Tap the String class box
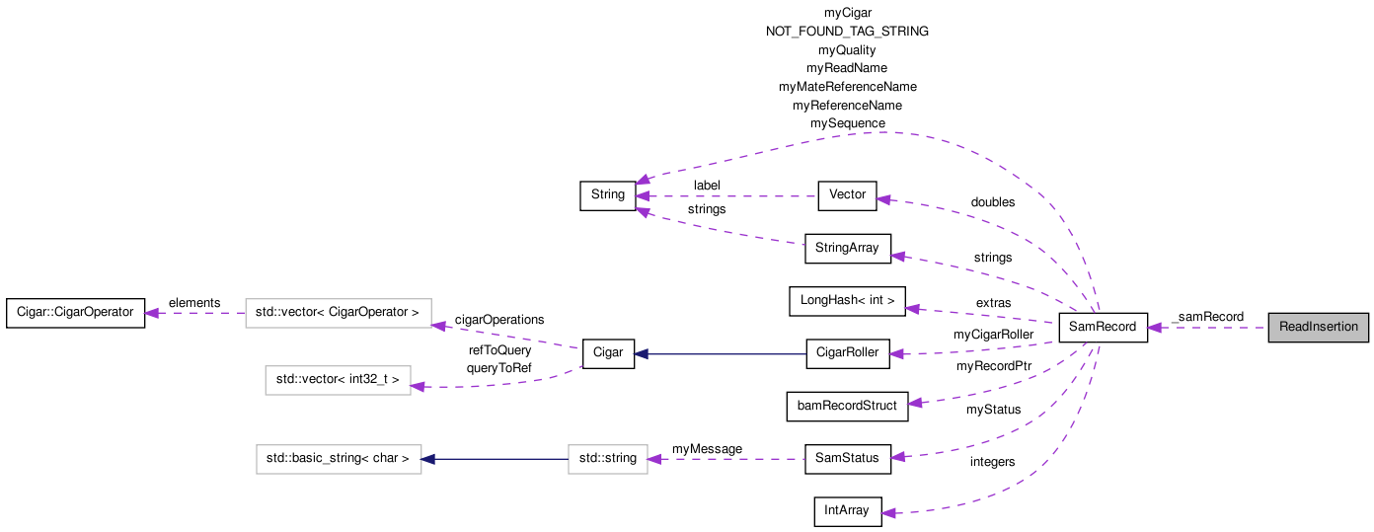[607, 195]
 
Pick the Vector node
[847, 195]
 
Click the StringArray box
[848, 248]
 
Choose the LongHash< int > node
[847, 301]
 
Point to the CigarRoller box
[847, 353]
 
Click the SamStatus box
[847, 458]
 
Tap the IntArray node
[847, 511]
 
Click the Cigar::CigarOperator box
[75, 313]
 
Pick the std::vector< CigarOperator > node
[338, 313]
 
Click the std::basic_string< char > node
[339, 459]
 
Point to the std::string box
[607, 459]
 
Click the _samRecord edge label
[1207, 317]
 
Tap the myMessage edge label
[707, 449]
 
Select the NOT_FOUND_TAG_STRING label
[847, 32]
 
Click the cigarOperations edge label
[498, 320]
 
